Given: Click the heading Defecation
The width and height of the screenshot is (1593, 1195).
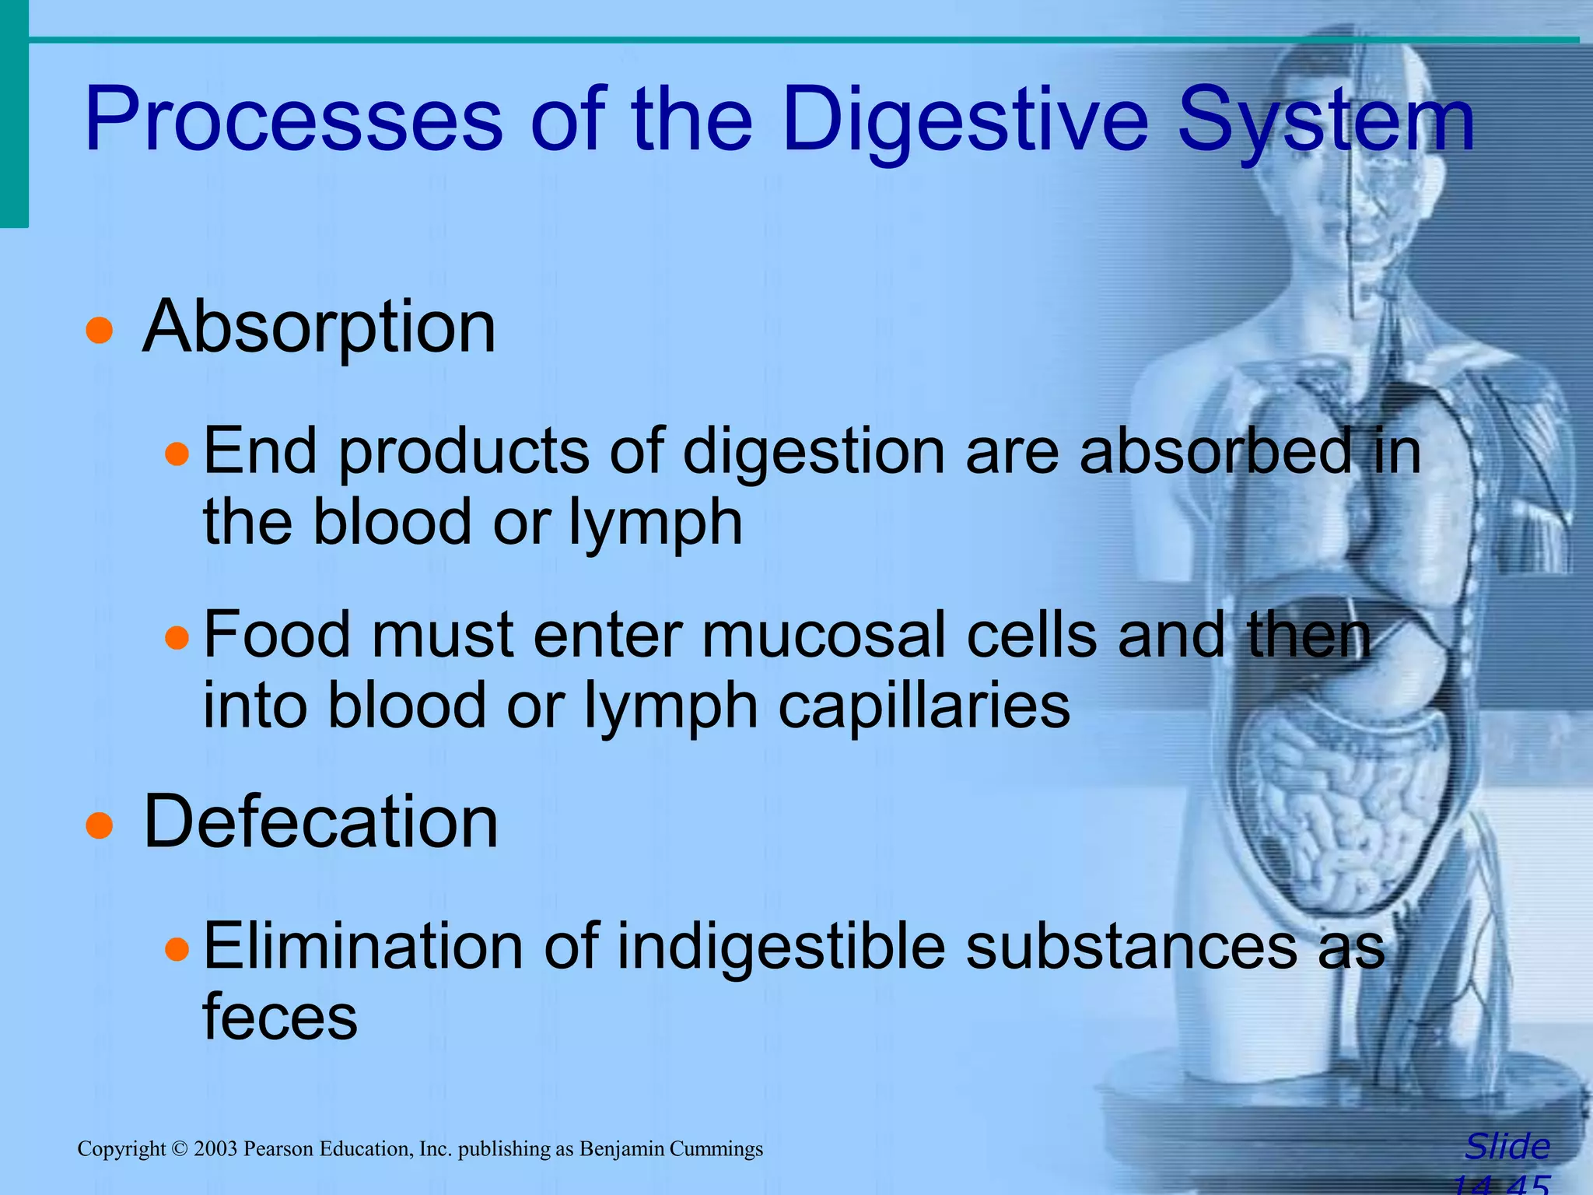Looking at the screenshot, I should coord(320,822).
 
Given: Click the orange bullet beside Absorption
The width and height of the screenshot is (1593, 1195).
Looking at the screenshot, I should coord(99,330).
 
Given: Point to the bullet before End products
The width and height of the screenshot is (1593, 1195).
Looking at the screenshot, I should coord(177,454).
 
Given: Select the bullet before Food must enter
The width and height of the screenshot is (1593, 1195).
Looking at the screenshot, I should coord(177,638).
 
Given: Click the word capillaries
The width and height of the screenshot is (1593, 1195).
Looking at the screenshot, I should coord(924,706).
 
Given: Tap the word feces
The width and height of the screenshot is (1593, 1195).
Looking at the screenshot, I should coord(280,1017).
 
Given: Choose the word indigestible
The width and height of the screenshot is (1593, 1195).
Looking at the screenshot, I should coord(782,947).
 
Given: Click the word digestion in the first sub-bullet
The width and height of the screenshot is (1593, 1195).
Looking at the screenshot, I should coord(814,453).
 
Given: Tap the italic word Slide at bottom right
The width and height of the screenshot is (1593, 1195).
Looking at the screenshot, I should coord(1507,1147).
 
